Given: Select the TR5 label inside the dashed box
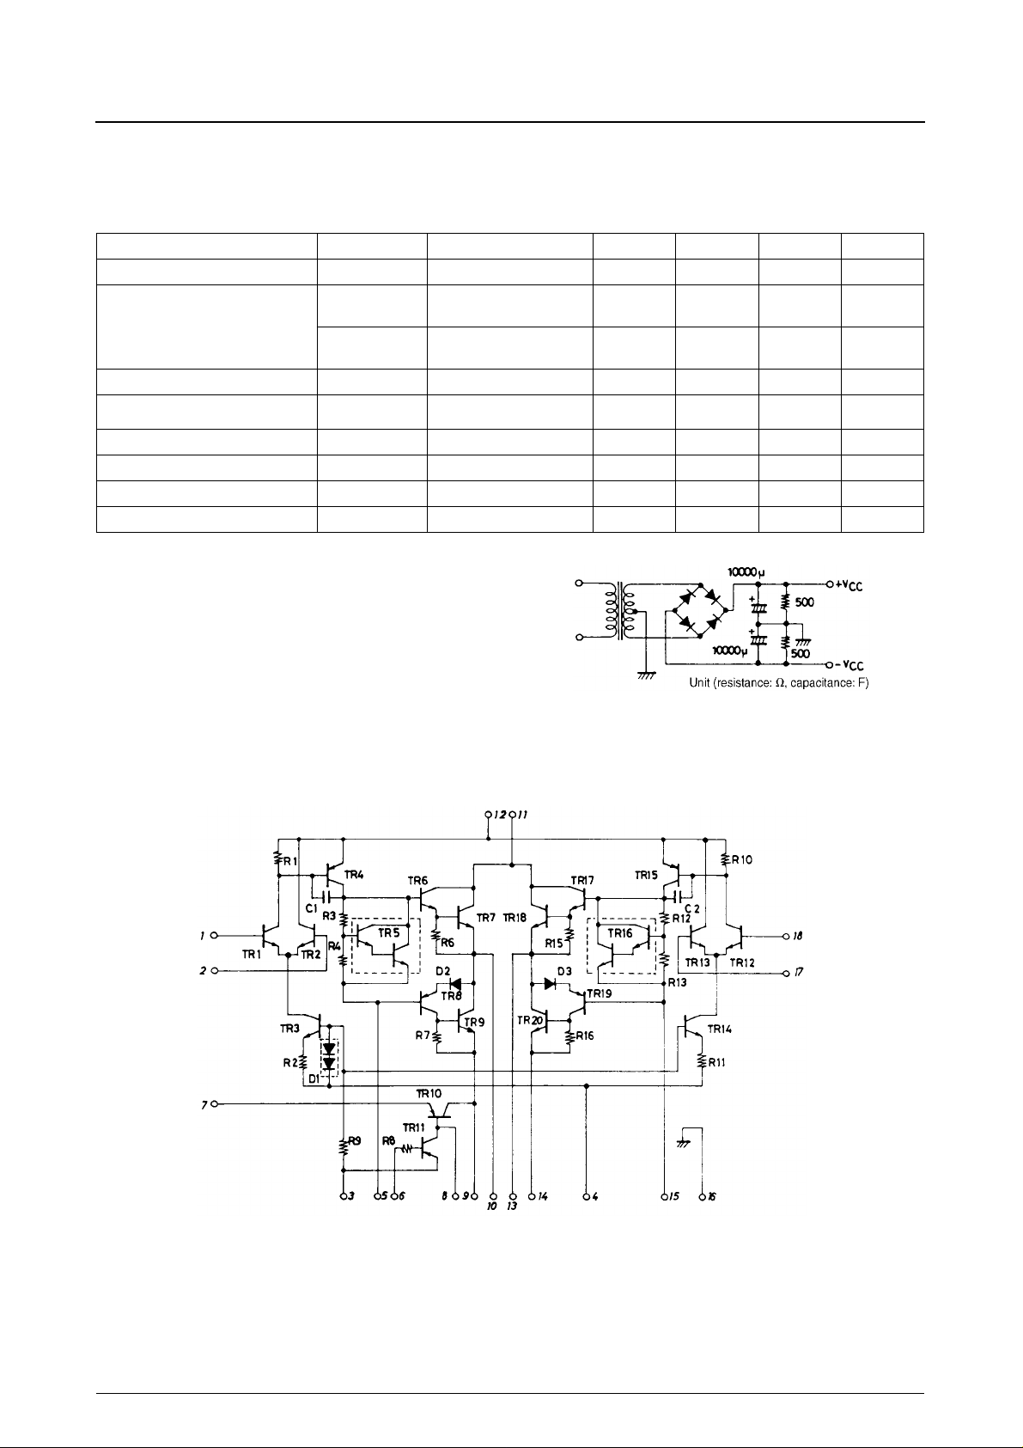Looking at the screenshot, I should point(390,932).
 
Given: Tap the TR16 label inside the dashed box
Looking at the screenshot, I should point(620,932).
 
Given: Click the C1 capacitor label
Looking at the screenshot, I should point(311,907).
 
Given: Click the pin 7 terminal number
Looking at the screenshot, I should point(204,1103).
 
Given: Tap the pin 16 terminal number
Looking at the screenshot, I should point(712,1196).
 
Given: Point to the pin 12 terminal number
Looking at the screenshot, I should point(498,812).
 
